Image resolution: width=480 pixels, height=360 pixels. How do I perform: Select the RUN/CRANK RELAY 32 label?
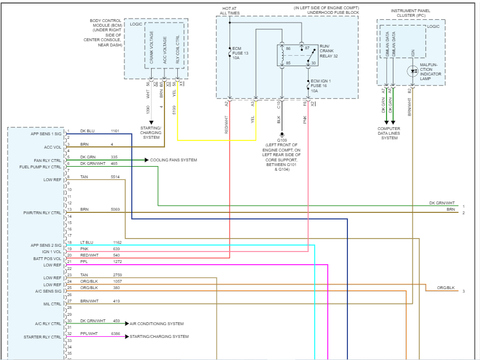[x=328, y=52]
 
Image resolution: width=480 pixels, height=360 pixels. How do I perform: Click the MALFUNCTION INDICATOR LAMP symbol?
[x=413, y=71]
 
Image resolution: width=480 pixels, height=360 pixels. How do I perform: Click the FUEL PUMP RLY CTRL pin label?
[x=40, y=167]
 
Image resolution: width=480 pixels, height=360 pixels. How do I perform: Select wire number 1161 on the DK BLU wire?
[x=115, y=131]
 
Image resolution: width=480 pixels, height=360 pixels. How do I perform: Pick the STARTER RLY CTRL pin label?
[x=42, y=337]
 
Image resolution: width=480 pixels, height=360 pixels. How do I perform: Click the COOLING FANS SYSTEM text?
[x=174, y=160]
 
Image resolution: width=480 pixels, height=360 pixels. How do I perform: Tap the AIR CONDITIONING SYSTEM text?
[x=156, y=323]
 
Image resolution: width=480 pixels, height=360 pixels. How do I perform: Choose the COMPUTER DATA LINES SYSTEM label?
[x=389, y=133]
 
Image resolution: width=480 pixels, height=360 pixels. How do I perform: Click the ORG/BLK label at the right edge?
[x=446, y=287]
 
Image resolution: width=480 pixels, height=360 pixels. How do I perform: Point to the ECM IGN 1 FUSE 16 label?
[x=321, y=84]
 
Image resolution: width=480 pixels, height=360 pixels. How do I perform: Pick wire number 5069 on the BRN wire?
[x=115, y=209]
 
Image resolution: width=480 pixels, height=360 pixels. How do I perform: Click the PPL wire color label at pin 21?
[x=84, y=262]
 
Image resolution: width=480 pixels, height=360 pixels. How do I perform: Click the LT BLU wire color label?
[x=86, y=242]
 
